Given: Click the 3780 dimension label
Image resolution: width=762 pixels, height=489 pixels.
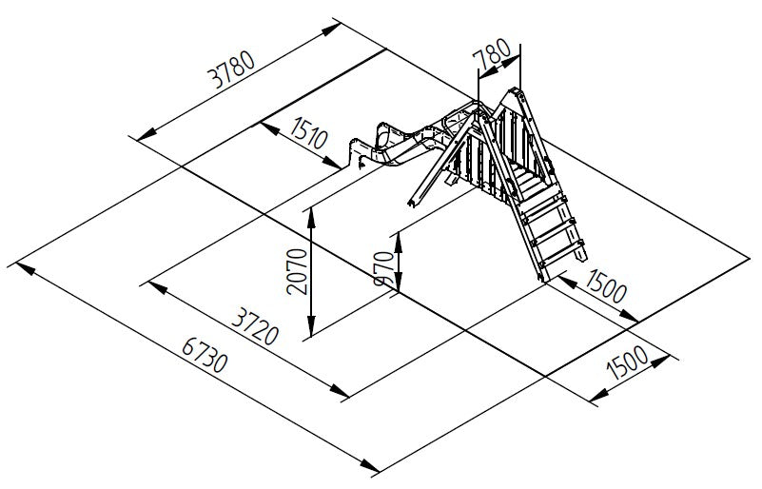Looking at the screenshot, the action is tap(231, 69).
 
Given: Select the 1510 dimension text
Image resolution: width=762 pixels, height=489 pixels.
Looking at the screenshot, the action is tap(308, 132).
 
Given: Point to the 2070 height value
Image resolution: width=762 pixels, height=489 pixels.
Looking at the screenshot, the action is tap(297, 272).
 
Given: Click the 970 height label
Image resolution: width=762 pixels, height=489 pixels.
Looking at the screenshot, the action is tap(385, 268).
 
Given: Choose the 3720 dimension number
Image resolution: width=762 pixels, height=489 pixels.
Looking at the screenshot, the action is tap(255, 327).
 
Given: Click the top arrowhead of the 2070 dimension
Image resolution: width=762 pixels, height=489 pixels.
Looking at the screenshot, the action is tap(311, 219).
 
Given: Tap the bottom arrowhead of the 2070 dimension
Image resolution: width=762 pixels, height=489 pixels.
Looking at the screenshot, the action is tap(311, 325).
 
